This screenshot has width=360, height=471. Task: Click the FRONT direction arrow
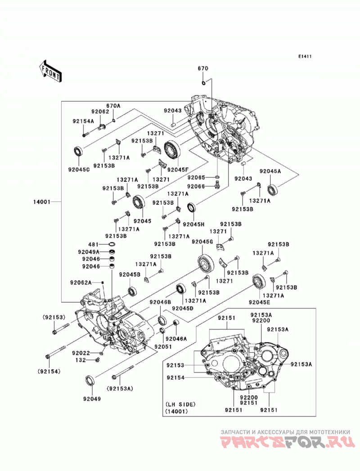(x=50, y=72)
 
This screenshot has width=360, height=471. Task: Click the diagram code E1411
(x=305, y=56)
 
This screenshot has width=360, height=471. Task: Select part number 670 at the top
(x=203, y=68)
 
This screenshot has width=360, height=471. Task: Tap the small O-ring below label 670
(x=203, y=83)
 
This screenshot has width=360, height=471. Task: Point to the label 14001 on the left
(x=42, y=202)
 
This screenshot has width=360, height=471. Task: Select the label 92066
(x=196, y=187)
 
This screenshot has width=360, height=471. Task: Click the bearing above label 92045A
(x=273, y=189)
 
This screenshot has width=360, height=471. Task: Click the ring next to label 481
(x=112, y=244)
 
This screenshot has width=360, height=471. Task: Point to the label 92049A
(x=89, y=252)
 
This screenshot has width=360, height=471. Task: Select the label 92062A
(x=81, y=283)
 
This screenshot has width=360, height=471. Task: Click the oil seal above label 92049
(x=90, y=380)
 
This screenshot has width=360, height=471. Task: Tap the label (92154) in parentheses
(x=49, y=372)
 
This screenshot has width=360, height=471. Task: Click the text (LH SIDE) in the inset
(x=180, y=404)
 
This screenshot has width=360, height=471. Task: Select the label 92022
(x=81, y=353)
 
